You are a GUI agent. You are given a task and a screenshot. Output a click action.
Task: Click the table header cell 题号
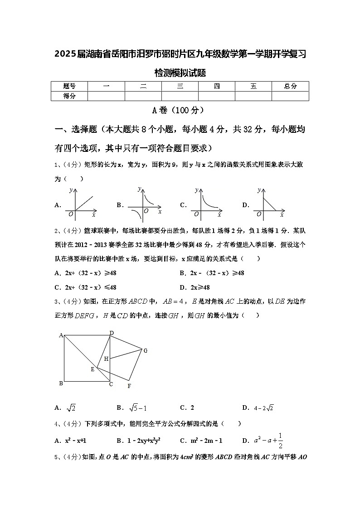click(69, 86)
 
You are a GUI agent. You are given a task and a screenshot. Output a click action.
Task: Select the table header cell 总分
click(290, 86)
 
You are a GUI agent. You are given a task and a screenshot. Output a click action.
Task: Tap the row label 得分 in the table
click(69, 96)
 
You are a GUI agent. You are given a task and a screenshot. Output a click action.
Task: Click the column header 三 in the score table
click(180, 86)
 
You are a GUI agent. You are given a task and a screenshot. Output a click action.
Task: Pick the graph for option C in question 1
click(206, 204)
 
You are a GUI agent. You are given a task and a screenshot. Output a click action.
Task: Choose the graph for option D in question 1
click(268, 204)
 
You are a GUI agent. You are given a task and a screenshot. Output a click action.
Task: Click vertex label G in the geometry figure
click(146, 350)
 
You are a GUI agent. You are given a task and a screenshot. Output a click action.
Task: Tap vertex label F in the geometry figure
click(129, 386)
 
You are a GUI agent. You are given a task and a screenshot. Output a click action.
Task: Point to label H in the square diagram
click(106, 359)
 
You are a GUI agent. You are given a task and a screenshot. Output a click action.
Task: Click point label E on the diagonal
click(92, 369)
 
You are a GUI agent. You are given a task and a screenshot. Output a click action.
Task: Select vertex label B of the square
click(61, 384)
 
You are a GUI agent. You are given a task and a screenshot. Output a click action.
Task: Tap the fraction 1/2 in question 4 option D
click(281, 440)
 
